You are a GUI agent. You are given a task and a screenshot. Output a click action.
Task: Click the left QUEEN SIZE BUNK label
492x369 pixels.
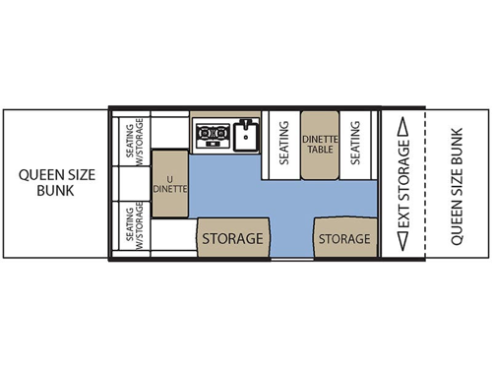pos(55,183)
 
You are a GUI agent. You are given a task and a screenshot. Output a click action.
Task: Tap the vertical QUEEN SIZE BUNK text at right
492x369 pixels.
pos(455,183)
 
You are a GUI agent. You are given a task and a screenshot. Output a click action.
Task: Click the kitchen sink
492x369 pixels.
pos(246,136)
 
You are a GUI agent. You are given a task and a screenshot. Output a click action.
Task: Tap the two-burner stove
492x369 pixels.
pos(213,136)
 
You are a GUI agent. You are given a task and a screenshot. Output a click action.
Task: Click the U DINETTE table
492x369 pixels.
pos(168,182)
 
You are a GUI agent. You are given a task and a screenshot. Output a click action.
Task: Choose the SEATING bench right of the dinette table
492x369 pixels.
pos(356,145)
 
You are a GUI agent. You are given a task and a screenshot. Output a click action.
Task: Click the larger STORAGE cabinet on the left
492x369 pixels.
pos(232,238)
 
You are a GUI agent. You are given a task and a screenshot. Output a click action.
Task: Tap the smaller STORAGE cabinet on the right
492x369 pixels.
pos(344,238)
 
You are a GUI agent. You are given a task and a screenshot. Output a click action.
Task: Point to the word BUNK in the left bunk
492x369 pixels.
pos(55,192)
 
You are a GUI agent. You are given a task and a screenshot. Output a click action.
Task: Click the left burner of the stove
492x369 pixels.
pos(205,136)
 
